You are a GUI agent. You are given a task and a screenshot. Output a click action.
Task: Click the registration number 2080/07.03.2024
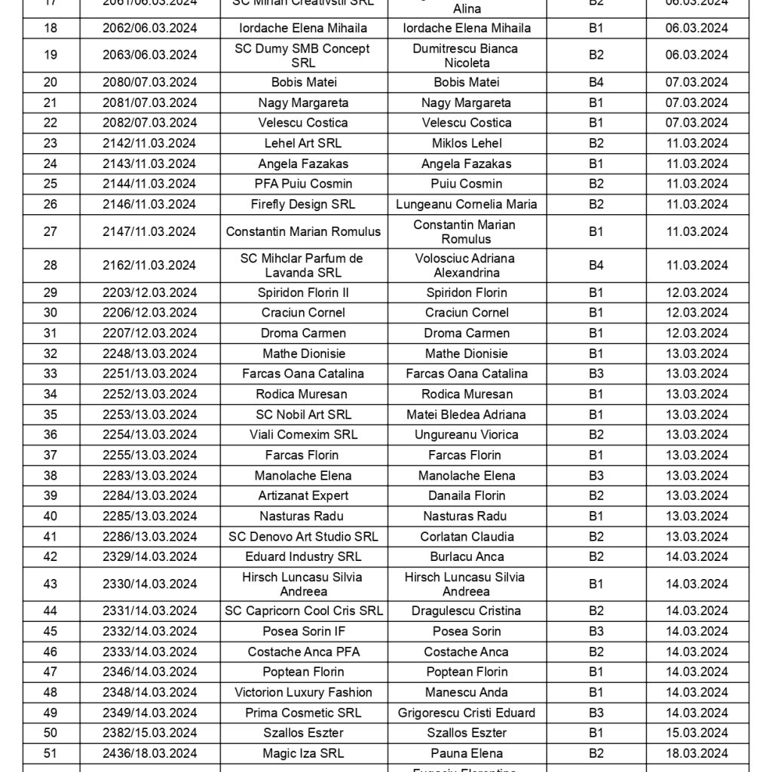[x=150, y=82]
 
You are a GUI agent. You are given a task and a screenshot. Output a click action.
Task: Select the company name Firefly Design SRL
[x=303, y=204]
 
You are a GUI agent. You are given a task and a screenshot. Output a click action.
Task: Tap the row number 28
[x=51, y=265]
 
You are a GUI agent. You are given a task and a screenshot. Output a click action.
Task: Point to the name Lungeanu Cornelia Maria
[x=467, y=204]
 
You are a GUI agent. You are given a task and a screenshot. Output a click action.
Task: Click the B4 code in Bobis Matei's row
[x=596, y=82]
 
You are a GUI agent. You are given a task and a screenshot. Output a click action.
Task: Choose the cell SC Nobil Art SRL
[x=303, y=415]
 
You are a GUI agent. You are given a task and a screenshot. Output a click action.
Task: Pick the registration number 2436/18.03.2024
[x=150, y=753]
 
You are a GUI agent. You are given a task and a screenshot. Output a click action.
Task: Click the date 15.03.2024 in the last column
[x=697, y=733]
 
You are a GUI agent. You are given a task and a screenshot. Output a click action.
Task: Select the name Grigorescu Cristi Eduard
[x=467, y=712]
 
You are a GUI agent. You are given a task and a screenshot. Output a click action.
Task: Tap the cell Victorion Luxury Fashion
[x=303, y=692]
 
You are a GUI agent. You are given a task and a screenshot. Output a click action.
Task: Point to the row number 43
[x=51, y=584]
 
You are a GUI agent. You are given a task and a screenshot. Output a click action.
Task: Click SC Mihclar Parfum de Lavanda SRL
[x=303, y=265]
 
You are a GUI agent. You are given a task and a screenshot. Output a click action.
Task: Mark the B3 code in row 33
[x=596, y=374]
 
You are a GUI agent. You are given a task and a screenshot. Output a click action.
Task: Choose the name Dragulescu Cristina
[x=467, y=611]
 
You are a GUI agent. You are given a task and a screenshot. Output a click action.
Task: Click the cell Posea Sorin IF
[x=303, y=632]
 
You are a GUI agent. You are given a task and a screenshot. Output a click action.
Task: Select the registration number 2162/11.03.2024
[x=150, y=265]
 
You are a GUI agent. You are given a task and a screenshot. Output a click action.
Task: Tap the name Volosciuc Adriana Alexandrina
[x=467, y=265]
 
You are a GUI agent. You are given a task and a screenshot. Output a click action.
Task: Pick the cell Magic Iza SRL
[x=303, y=753]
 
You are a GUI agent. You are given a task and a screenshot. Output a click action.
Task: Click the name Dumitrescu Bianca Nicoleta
[x=467, y=55]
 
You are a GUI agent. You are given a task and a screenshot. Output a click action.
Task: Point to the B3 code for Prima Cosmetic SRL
[x=596, y=712]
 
